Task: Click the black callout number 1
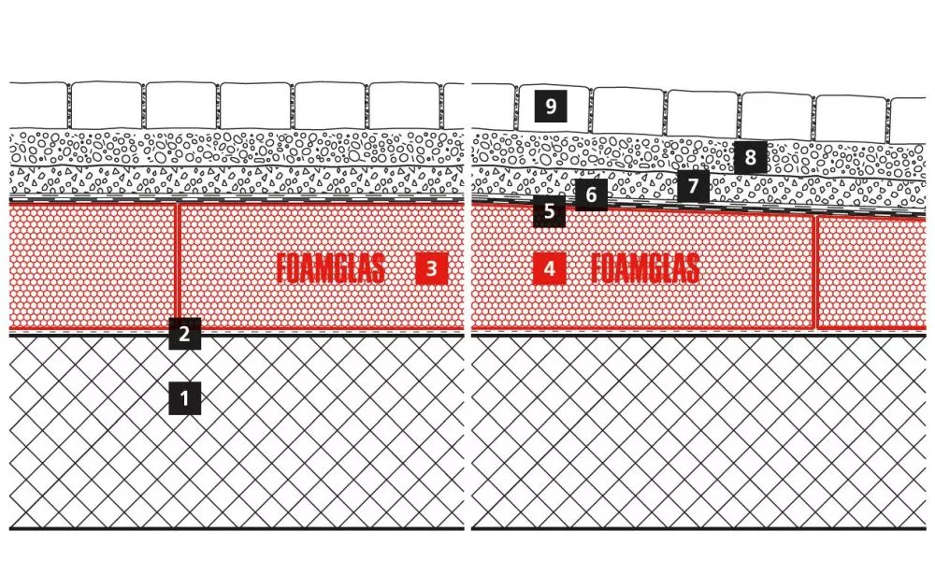(x=184, y=399)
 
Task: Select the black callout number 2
(x=184, y=334)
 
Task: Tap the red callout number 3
(x=431, y=269)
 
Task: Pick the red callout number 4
(x=549, y=269)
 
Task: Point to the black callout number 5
(x=549, y=212)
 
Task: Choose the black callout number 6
(x=591, y=196)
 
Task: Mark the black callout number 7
(x=692, y=186)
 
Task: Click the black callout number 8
(x=751, y=158)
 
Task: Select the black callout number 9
(x=551, y=107)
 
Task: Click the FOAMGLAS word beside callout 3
(x=331, y=269)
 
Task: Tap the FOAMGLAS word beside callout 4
(x=645, y=269)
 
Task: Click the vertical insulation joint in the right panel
(x=815, y=271)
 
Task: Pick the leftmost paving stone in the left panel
(x=38, y=105)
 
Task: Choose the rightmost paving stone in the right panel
(x=908, y=121)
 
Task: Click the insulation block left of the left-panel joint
(x=92, y=266)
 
